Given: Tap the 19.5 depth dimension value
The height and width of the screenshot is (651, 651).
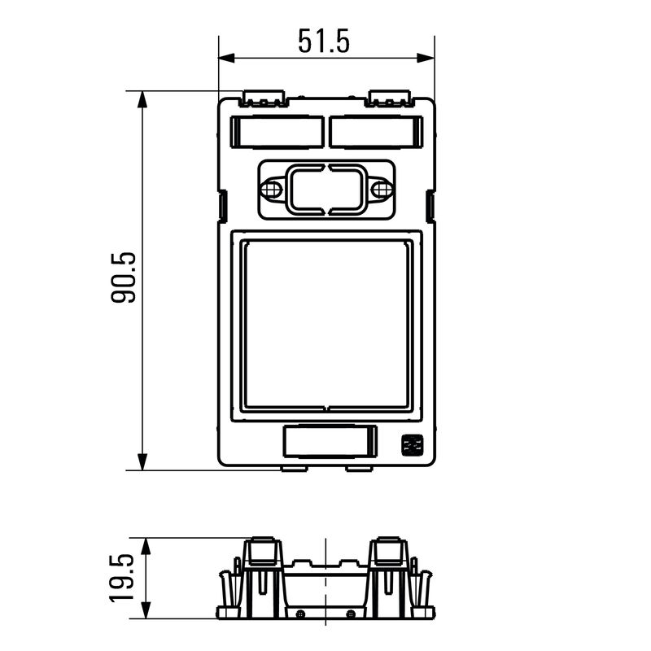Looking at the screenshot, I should coord(121,578).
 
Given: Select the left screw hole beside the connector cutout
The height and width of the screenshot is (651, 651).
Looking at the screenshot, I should coord(271,190).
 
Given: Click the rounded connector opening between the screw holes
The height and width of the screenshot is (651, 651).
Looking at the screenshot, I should coord(326,190).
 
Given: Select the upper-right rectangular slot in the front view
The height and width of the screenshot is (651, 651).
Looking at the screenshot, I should coord(376,131).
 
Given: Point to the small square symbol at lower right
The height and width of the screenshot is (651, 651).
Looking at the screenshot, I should coord(411,446).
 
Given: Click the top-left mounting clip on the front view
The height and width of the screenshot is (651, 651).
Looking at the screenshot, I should coord(264,99).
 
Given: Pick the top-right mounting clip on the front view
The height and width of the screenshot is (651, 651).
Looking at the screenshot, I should coord(391,99).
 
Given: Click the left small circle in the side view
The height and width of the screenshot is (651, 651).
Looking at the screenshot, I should coord(300,612).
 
